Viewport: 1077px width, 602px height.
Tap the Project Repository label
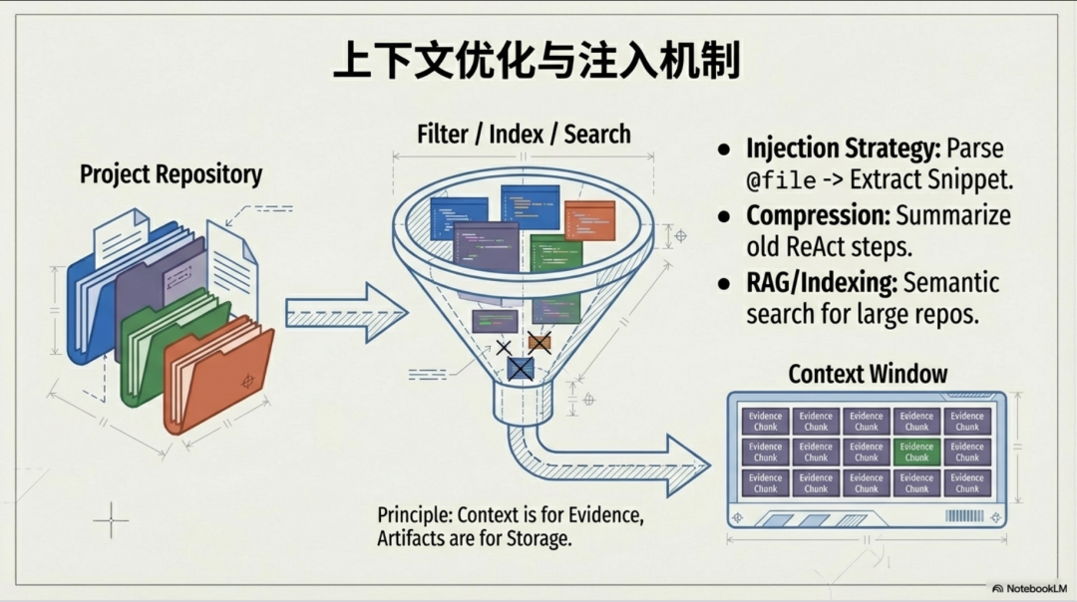171,174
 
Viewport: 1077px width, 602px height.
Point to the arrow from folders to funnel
344,312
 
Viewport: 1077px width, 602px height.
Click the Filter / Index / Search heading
524,134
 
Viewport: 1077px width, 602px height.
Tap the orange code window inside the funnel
588,220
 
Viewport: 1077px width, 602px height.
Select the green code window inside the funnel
555,253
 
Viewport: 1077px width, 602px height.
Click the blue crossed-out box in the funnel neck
520,369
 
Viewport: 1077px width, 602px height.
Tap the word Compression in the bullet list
817,215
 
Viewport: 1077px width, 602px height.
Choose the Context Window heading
868,374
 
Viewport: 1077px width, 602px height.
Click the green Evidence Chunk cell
916,451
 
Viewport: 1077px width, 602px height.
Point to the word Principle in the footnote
414,515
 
